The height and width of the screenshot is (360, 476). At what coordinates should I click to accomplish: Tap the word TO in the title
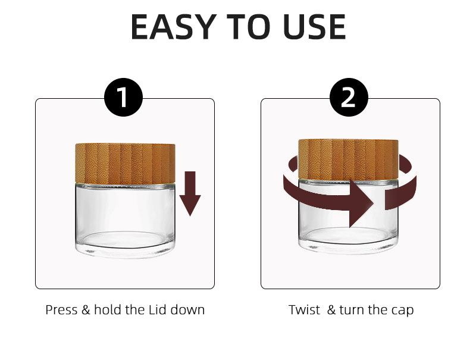point(248,27)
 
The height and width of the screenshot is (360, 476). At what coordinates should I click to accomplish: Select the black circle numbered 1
point(123,98)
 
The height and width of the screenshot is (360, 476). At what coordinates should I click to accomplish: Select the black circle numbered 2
point(349,98)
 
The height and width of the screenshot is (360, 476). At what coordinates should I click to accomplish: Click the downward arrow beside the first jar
point(190,193)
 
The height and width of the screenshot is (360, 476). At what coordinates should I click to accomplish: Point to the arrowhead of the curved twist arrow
point(361,204)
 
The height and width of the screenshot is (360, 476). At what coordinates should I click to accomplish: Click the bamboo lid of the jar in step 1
point(125,164)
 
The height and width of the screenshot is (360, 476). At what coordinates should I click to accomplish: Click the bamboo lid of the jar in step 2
point(348,159)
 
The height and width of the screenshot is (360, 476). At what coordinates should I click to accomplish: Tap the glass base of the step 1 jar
point(125,221)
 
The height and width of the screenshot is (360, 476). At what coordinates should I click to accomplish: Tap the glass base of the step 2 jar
point(348,217)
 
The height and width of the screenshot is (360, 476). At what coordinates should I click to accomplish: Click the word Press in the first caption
point(61,310)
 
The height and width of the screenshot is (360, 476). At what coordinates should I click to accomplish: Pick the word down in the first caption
point(187,310)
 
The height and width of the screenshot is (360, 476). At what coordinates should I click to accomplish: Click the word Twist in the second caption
point(304,310)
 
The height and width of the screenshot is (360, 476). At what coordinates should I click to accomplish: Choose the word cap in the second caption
point(403,311)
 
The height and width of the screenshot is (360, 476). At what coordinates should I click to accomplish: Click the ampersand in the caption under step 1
point(86,310)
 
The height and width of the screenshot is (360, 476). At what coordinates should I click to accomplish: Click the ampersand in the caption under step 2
point(331,310)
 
